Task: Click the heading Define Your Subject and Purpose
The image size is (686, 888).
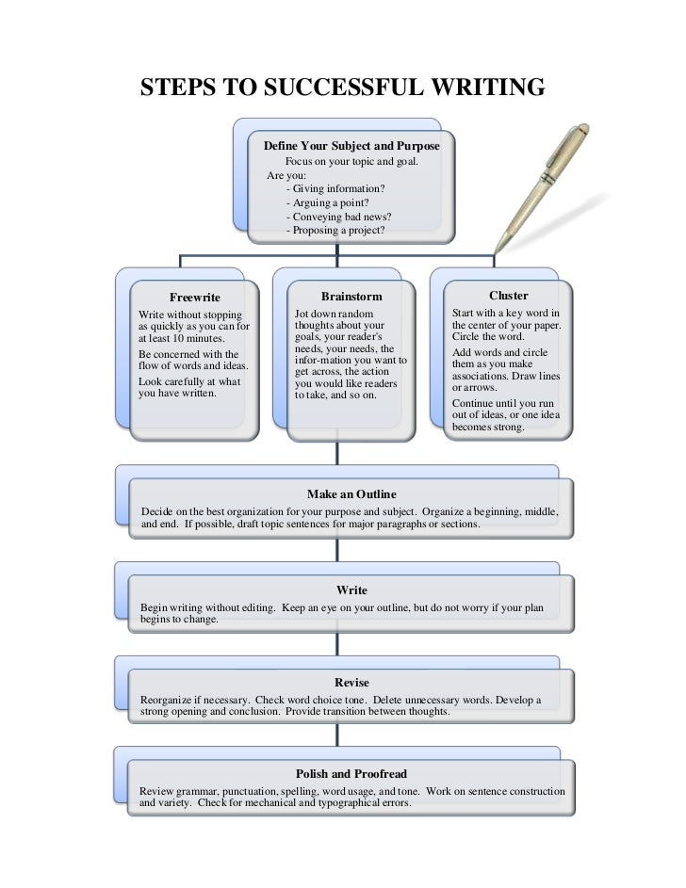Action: click(x=351, y=147)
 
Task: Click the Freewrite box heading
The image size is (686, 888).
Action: click(x=194, y=298)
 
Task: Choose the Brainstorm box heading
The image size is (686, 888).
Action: click(x=351, y=296)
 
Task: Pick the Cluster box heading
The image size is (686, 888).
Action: click(x=508, y=296)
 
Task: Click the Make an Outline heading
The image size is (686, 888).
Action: click(x=351, y=494)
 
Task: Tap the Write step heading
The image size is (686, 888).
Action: click(x=351, y=590)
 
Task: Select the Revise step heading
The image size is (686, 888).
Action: click(x=351, y=682)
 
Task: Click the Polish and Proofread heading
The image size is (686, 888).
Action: click(x=351, y=774)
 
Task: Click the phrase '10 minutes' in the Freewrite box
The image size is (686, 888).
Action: click(x=199, y=337)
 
